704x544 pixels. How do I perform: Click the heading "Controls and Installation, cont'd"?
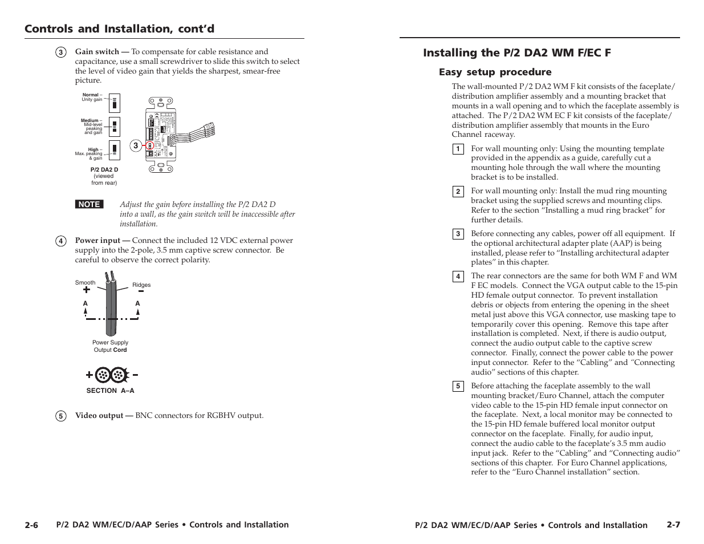[x=119, y=29]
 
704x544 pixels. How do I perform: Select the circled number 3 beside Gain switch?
[x=61, y=52]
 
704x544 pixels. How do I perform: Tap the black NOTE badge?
[x=89, y=204]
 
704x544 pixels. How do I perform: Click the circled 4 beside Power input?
[x=61, y=241]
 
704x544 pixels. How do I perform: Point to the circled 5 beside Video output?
[x=61, y=416]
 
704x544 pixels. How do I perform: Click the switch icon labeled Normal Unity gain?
[x=114, y=103]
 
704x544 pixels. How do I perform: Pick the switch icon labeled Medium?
[x=114, y=127]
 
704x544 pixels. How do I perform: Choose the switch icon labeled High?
[x=114, y=150]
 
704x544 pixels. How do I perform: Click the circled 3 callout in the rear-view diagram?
[x=136, y=146]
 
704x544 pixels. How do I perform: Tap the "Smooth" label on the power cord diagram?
[x=86, y=283]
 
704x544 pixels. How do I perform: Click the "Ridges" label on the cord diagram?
[x=141, y=285]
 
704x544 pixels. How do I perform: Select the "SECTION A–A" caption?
[x=110, y=391]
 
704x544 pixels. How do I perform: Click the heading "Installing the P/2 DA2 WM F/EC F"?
[x=516, y=53]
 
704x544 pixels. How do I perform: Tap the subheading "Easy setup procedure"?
[x=495, y=72]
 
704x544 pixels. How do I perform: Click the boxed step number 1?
[x=457, y=149]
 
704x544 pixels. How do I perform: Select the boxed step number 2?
[x=457, y=192]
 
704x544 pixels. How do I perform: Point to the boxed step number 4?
[x=457, y=277]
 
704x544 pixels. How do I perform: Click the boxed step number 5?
[x=457, y=387]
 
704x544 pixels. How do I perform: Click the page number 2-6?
[x=31, y=525]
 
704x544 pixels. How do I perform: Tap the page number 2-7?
[x=673, y=525]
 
